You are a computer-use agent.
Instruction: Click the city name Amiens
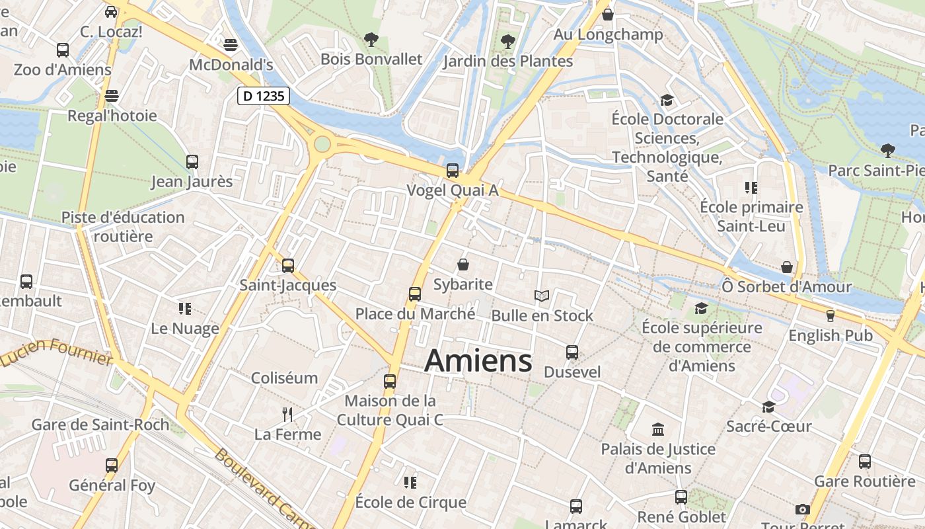pyautogui.click(x=478, y=361)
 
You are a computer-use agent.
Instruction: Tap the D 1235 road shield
pyautogui.click(x=264, y=96)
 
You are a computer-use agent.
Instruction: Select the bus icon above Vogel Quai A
pyautogui.click(x=453, y=171)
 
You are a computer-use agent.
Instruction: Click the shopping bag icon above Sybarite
pyautogui.click(x=463, y=264)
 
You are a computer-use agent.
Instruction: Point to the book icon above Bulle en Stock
pyautogui.click(x=542, y=296)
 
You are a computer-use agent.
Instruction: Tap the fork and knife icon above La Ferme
pyautogui.click(x=287, y=415)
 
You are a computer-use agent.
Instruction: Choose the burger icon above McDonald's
pyautogui.click(x=231, y=45)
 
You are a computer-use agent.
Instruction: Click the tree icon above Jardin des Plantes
pyautogui.click(x=507, y=41)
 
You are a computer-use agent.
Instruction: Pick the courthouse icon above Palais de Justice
pyautogui.click(x=658, y=430)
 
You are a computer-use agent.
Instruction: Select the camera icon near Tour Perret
pyautogui.click(x=803, y=509)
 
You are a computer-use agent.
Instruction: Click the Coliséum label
pyautogui.click(x=285, y=378)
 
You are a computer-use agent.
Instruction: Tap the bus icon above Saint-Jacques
pyautogui.click(x=288, y=266)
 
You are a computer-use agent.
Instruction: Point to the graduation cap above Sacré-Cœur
pyautogui.click(x=768, y=407)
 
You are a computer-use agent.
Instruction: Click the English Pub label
pyautogui.click(x=831, y=335)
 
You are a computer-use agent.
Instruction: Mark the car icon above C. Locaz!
pyautogui.click(x=111, y=12)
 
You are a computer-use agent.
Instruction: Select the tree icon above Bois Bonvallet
pyautogui.click(x=371, y=40)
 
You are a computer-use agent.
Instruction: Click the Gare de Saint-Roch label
pyautogui.click(x=100, y=425)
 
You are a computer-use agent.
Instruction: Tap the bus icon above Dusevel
pyautogui.click(x=572, y=352)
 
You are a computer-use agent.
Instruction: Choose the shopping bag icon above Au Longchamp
pyautogui.click(x=608, y=15)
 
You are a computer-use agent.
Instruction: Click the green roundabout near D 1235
pyautogui.click(x=322, y=143)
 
